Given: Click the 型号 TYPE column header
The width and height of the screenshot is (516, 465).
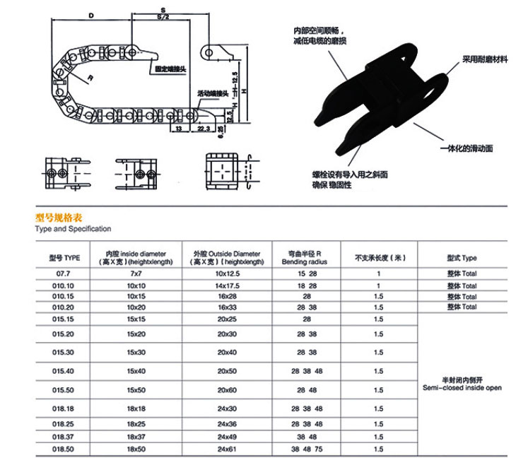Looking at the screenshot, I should [x=63, y=258].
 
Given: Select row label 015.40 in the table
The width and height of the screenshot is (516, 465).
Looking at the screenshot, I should [x=63, y=371].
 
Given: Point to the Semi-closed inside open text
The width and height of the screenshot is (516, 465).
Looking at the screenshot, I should [x=462, y=388].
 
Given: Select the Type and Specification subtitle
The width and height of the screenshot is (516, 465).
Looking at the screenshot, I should [x=73, y=229].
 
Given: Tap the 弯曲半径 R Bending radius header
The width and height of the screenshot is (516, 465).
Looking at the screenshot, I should [x=307, y=258].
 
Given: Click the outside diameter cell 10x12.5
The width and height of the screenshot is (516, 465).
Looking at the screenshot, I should [x=226, y=273].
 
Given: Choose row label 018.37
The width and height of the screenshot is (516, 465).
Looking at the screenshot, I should [x=63, y=437].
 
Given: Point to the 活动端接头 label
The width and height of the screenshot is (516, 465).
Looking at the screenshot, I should [x=213, y=93].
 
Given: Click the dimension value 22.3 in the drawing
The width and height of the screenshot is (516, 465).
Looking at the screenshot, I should [x=202, y=129].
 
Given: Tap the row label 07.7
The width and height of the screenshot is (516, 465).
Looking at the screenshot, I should [x=63, y=273].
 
